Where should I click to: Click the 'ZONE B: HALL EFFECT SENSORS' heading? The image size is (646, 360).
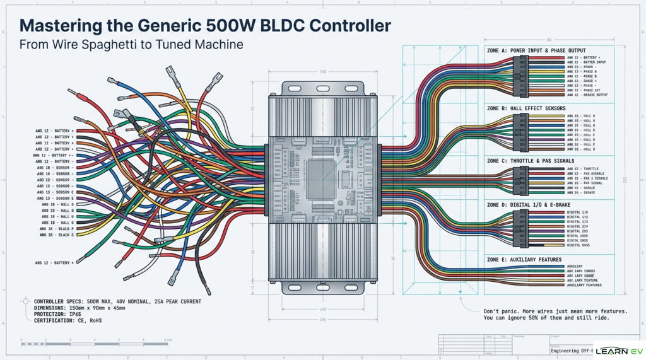[x=527, y=108]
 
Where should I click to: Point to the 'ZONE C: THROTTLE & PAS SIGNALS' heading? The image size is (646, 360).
[x=531, y=161]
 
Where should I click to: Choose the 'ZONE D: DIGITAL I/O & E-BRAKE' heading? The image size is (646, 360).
[x=527, y=205]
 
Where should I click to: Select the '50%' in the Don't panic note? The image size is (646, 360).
[x=554, y=318]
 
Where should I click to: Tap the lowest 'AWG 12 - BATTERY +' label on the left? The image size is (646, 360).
[x=55, y=262]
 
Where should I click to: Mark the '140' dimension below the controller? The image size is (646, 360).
[x=322, y=309]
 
